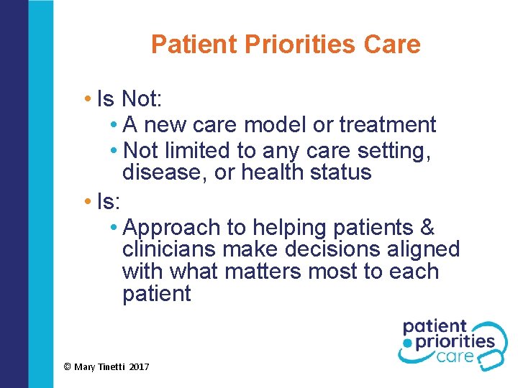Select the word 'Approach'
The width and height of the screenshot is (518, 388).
tap(172, 228)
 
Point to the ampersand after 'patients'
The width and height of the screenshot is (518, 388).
tap(427, 228)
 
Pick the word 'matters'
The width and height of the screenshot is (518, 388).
tap(265, 272)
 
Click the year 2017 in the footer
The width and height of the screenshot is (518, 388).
tap(140, 367)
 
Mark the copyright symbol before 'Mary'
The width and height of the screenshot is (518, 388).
tap(67, 367)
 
